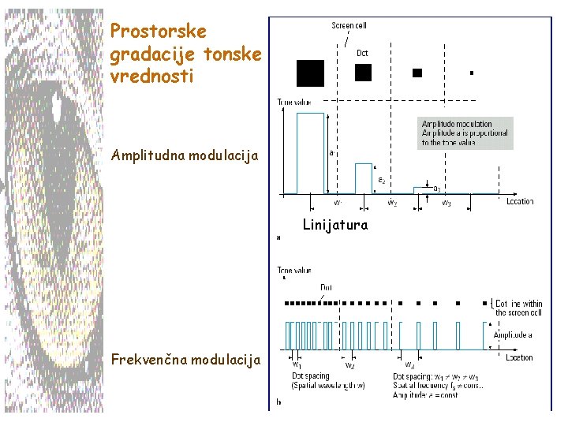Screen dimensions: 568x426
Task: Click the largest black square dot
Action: (x=310, y=73)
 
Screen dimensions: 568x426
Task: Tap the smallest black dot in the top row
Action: (x=471, y=73)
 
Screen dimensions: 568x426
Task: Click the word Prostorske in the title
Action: (x=159, y=32)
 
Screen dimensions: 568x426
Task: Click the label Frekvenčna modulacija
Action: (x=185, y=360)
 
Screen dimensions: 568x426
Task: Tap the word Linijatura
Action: (x=335, y=225)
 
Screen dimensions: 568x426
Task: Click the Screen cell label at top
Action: (x=348, y=26)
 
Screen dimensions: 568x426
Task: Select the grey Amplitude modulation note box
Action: (x=465, y=133)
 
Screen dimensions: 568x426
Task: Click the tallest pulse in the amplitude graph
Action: (x=310, y=153)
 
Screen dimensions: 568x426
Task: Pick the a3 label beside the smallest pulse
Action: (x=436, y=188)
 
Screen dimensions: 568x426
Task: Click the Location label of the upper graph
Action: (x=520, y=202)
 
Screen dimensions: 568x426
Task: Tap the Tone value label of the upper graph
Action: (x=293, y=102)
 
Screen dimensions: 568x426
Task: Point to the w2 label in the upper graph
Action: (x=391, y=203)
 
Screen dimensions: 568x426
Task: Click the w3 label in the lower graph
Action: (x=410, y=365)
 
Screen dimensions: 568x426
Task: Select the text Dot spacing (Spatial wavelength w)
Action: (x=317, y=380)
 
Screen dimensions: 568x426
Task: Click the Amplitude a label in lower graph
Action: (x=513, y=335)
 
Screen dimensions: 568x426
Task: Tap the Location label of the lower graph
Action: (x=520, y=357)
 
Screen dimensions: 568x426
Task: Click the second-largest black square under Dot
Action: (x=363, y=73)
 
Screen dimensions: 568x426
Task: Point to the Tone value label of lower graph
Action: (x=293, y=270)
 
